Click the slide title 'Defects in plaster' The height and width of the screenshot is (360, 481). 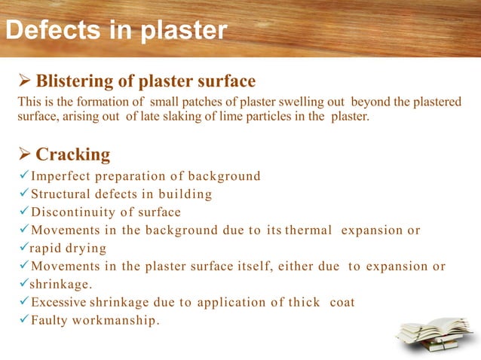click(x=116, y=31)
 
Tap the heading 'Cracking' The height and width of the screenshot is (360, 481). click(x=73, y=154)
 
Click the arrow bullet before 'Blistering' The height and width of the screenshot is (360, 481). click(x=24, y=81)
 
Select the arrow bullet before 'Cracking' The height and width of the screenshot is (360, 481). click(x=24, y=154)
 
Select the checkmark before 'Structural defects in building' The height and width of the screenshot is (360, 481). click(x=23, y=194)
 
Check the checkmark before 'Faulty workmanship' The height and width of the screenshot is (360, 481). click(x=23, y=321)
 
